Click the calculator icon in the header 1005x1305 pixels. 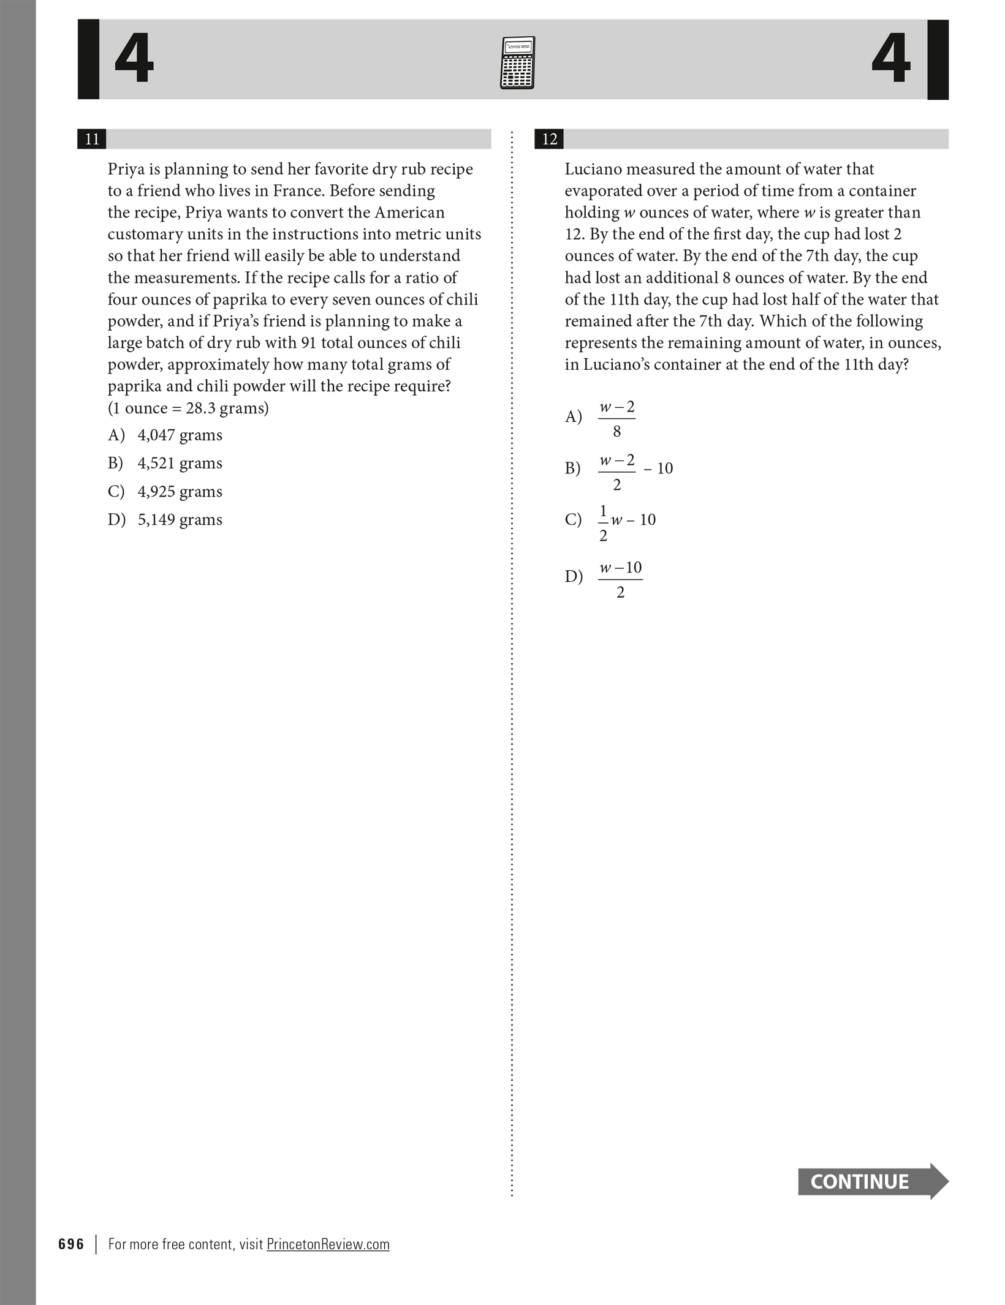(517, 62)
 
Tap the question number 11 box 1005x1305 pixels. (92, 139)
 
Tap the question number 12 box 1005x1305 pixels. (549, 139)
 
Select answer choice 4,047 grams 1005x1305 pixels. (180, 435)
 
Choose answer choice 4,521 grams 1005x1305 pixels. (180, 464)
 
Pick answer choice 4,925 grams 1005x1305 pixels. (180, 492)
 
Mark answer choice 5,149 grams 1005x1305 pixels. (180, 520)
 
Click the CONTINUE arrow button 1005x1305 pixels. (872, 1181)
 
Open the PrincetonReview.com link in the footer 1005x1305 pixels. (328, 1244)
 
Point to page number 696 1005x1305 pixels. (71, 1244)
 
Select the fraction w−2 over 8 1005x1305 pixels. (616, 419)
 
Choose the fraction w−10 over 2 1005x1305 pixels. (620, 579)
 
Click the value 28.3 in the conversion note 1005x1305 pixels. (200, 408)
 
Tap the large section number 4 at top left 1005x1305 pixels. (134, 59)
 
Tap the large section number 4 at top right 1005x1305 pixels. (891, 59)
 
